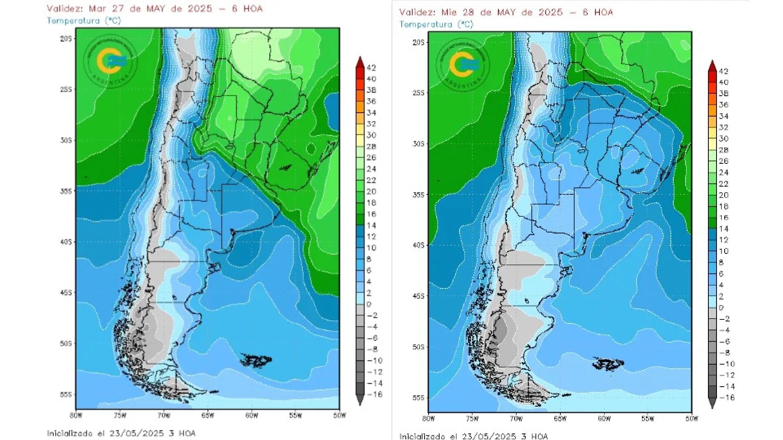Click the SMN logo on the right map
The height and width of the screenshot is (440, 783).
(x=462, y=65)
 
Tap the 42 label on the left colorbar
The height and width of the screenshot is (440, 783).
(x=371, y=68)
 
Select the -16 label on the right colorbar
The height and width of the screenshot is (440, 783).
(x=727, y=398)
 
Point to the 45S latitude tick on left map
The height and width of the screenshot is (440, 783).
(x=66, y=293)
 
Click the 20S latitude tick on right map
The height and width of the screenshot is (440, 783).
(x=418, y=42)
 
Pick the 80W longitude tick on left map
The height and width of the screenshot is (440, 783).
(x=76, y=416)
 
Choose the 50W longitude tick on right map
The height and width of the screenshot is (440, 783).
(x=692, y=419)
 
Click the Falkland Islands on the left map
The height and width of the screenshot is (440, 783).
(x=256, y=361)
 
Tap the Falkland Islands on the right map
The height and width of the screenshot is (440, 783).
(x=608, y=363)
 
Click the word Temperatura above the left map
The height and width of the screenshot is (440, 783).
(x=73, y=20)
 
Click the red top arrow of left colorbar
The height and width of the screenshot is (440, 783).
(x=360, y=62)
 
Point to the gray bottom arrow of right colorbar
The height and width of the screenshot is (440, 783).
(x=712, y=403)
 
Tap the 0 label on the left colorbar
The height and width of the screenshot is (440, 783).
(x=369, y=304)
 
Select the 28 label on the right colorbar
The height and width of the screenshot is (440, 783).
(x=723, y=150)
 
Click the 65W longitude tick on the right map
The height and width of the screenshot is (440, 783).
(x=560, y=419)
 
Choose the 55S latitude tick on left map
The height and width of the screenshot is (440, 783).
(x=66, y=394)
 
